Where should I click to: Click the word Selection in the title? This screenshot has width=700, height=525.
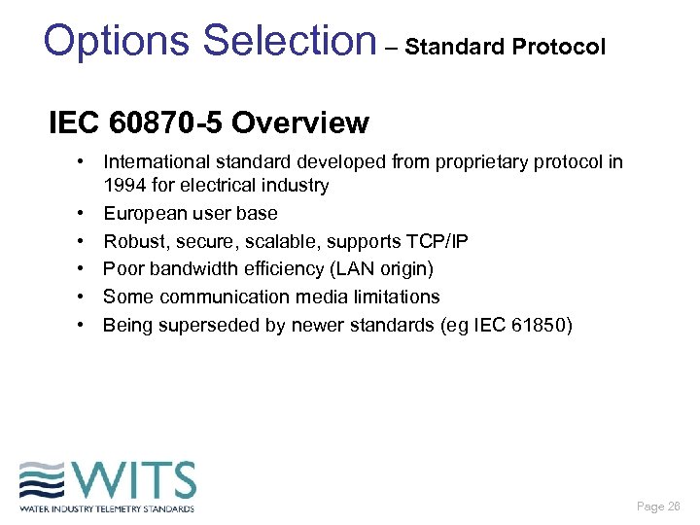coord(290,41)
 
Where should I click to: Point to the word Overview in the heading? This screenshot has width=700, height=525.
coord(300,123)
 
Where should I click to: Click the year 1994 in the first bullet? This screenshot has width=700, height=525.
coord(124,185)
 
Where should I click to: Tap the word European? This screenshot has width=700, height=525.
coord(145,213)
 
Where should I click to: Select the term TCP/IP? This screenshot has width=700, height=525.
coord(434,241)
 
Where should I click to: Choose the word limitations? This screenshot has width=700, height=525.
coord(390,297)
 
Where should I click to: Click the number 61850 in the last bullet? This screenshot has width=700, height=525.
coord(542,325)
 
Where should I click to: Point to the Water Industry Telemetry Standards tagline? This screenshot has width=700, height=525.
coord(107,508)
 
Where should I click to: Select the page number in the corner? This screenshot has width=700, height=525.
coord(659,507)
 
